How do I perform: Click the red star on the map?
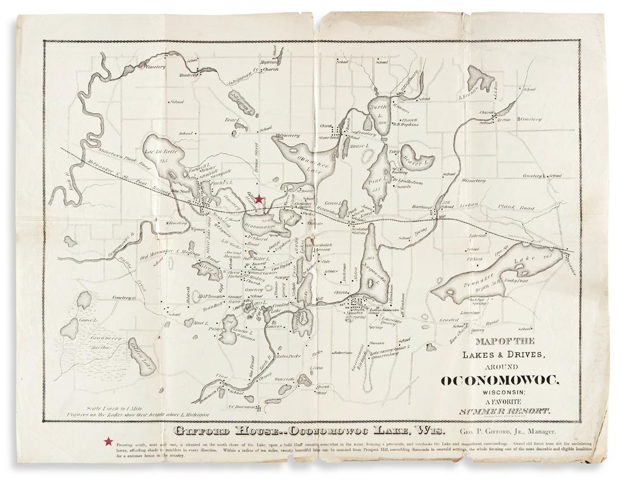pyautogui.click(x=258, y=199)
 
